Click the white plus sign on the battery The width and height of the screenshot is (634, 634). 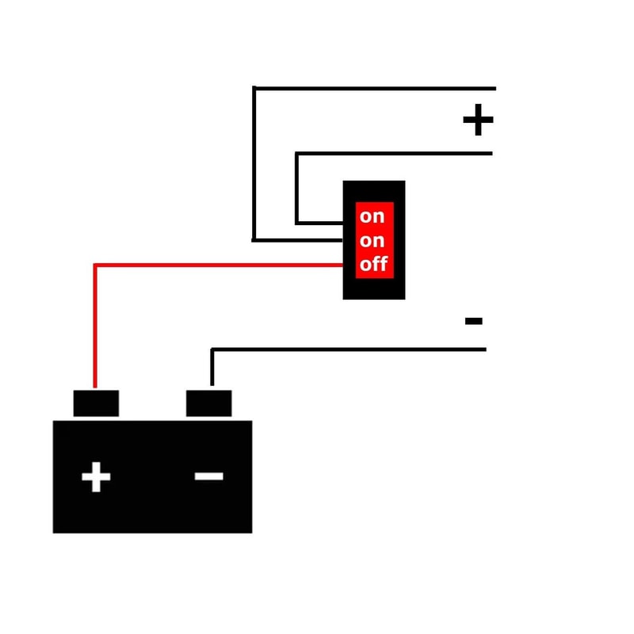(x=96, y=477)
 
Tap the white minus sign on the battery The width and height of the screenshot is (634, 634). (x=208, y=476)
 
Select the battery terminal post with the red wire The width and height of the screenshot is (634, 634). (x=96, y=403)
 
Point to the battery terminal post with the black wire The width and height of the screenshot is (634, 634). (x=208, y=403)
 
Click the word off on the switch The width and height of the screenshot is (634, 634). (x=373, y=264)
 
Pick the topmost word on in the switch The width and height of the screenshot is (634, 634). (x=372, y=216)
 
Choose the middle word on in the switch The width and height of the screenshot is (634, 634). (x=372, y=241)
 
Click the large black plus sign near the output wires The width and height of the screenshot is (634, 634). (x=479, y=120)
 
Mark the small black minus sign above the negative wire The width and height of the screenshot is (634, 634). (x=473, y=321)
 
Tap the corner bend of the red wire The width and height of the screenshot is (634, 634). (x=95, y=265)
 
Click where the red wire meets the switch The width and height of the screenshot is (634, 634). (x=342, y=265)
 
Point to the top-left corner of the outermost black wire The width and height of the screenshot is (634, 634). (x=254, y=88)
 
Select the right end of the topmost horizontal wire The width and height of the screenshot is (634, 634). (x=495, y=88)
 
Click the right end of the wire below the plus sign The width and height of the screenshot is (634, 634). (x=491, y=154)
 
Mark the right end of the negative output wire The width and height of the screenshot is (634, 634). (x=486, y=349)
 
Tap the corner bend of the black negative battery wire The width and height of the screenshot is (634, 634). (x=212, y=349)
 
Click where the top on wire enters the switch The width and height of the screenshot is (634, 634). (x=342, y=223)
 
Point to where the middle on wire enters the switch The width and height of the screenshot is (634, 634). (x=342, y=240)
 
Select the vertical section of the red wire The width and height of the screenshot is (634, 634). (x=95, y=326)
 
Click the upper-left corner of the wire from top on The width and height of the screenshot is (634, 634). (x=296, y=154)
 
